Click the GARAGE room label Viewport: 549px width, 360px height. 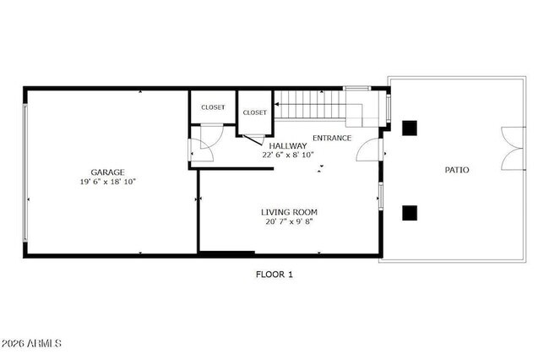(x=108, y=172)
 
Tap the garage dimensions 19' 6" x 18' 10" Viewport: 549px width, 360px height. (x=108, y=182)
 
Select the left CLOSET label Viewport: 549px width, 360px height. (x=213, y=107)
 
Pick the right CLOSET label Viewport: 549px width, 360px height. (x=254, y=112)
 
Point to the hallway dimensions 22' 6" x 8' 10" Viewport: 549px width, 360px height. (x=288, y=155)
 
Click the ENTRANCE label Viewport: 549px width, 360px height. (x=332, y=138)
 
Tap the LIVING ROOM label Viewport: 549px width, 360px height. (x=289, y=211)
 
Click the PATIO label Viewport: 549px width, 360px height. (x=457, y=170)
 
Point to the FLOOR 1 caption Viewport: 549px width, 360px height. (x=274, y=274)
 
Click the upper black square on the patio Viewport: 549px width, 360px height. (x=410, y=128)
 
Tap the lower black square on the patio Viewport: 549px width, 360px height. (x=410, y=212)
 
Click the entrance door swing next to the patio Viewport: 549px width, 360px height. (x=368, y=150)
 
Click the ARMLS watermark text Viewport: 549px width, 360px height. (x=32, y=343)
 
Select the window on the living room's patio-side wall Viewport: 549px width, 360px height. (x=380, y=196)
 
